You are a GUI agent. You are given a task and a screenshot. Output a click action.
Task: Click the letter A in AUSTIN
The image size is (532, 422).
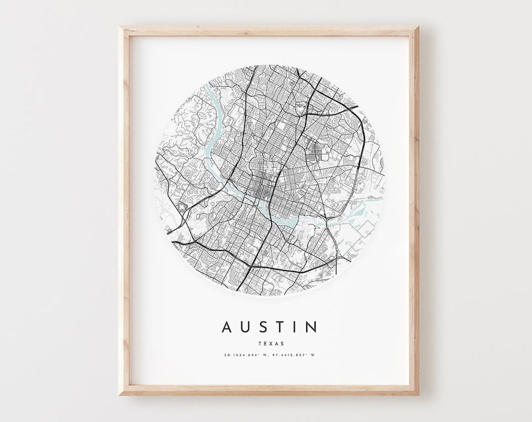tap(227, 327)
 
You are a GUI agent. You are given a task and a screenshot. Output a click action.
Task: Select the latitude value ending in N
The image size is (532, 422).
tap(243, 355)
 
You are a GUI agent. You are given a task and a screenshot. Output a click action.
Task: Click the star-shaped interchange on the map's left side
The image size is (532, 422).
tap(182, 208)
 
